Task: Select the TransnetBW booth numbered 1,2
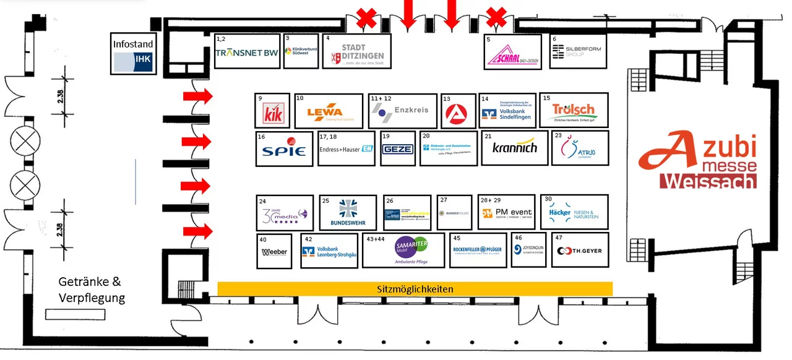tap(247, 53)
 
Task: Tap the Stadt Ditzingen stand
tap(358, 52)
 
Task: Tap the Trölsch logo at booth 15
tap(574, 111)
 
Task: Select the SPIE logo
tap(285, 150)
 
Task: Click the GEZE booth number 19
tap(397, 149)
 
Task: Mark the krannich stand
tap(515, 148)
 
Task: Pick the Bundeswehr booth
tap(348, 213)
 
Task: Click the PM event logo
tap(507, 213)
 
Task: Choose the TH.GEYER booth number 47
tap(579, 251)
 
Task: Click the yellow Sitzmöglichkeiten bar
tap(415, 289)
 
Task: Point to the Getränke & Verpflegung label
tap(92, 289)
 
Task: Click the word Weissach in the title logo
tap(708, 182)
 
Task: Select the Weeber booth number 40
tap(274, 252)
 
